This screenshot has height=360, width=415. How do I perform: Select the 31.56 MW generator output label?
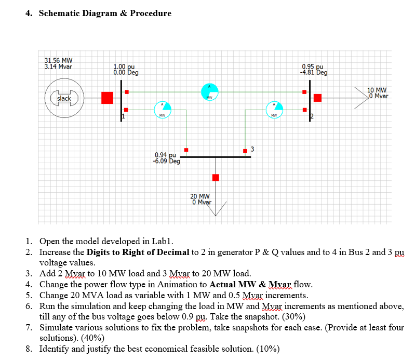pyautogui.click(x=58, y=60)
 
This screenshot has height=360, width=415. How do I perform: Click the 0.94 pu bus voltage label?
pyautogui.click(x=166, y=155)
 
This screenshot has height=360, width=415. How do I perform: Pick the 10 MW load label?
pyautogui.click(x=377, y=89)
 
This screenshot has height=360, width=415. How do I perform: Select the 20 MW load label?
pyautogui.click(x=200, y=196)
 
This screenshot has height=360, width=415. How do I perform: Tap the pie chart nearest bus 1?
pyautogui.click(x=162, y=110)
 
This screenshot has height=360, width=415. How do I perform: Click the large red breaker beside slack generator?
pyautogui.click(x=107, y=98)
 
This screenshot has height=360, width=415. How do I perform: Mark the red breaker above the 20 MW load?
pyautogui.click(x=216, y=178)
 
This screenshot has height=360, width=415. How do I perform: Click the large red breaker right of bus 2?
pyautogui.click(x=318, y=98)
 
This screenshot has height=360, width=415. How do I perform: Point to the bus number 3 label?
pyautogui.click(x=252, y=150)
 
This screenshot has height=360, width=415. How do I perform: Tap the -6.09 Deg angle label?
pyautogui.click(x=166, y=161)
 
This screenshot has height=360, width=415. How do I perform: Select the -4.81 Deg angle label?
pyautogui.click(x=313, y=73)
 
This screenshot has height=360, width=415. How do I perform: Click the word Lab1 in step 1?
pyautogui.click(x=163, y=241)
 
